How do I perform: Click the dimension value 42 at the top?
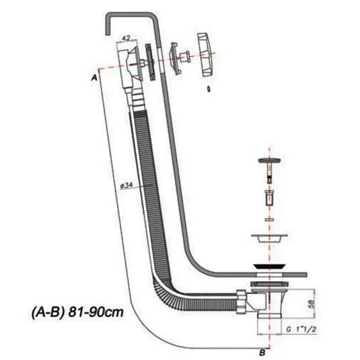(126, 38)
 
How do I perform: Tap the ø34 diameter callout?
(127, 185)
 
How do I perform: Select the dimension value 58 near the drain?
(311, 303)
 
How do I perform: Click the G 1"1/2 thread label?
(301, 330)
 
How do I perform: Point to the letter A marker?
(94, 78)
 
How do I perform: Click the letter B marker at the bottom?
(262, 353)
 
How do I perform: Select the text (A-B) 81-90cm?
(77, 312)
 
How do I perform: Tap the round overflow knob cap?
(206, 55)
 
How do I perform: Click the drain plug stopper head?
(269, 160)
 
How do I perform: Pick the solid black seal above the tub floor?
(269, 266)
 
